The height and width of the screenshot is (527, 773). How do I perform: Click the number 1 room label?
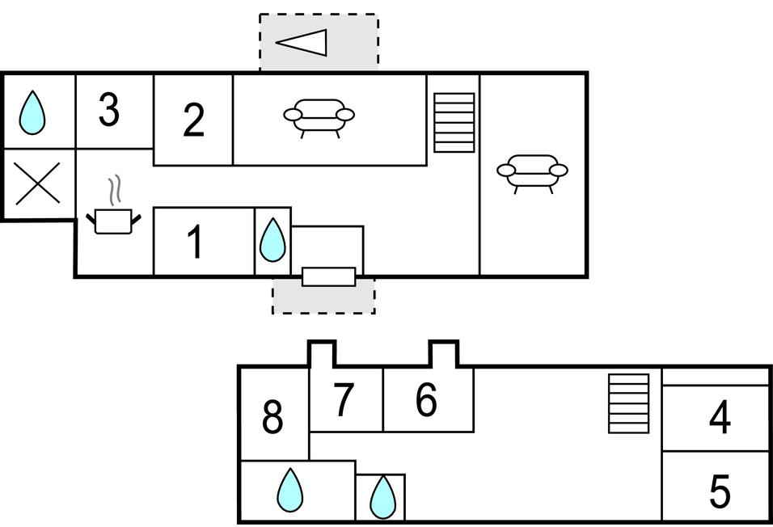click(x=194, y=242)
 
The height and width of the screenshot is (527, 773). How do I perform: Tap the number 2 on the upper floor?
click(x=193, y=120)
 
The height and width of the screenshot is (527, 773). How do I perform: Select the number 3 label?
click(x=109, y=111)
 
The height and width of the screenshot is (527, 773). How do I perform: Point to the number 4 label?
click(x=719, y=418)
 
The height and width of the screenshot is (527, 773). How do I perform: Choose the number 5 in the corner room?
click(x=719, y=491)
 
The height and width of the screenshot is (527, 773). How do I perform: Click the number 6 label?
click(x=425, y=399)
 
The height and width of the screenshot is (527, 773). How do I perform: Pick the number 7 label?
click(x=344, y=399)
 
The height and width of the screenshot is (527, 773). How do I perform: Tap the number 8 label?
click(x=272, y=418)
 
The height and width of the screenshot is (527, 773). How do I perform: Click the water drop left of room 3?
click(x=32, y=112)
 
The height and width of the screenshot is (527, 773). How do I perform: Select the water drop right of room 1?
click(x=272, y=240)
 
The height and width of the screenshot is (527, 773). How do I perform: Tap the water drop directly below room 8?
click(x=289, y=490)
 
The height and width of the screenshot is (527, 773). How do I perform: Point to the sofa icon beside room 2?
click(x=319, y=116)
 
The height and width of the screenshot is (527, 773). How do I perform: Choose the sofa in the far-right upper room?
click(x=532, y=172)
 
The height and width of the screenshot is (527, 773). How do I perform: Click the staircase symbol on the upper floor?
click(x=454, y=123)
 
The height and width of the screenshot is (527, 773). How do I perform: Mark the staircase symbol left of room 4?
click(x=629, y=403)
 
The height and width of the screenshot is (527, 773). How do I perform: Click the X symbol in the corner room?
click(x=38, y=184)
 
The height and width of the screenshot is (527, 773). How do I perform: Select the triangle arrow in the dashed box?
click(x=303, y=42)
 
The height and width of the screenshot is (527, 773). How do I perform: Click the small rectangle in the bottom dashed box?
click(x=328, y=276)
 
